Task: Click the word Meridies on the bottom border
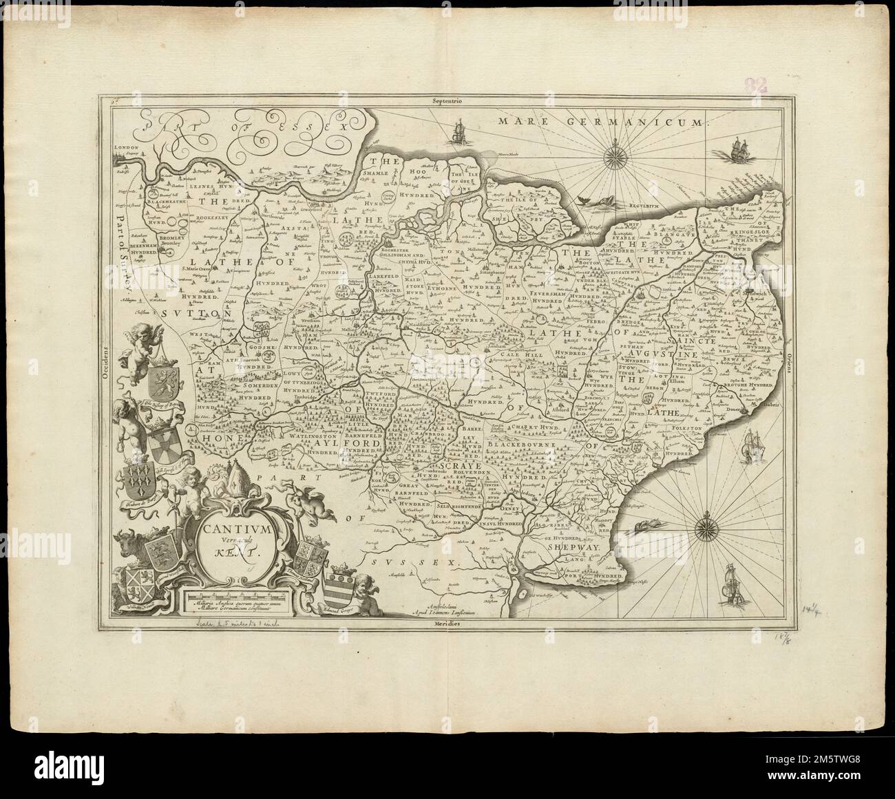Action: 447,622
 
